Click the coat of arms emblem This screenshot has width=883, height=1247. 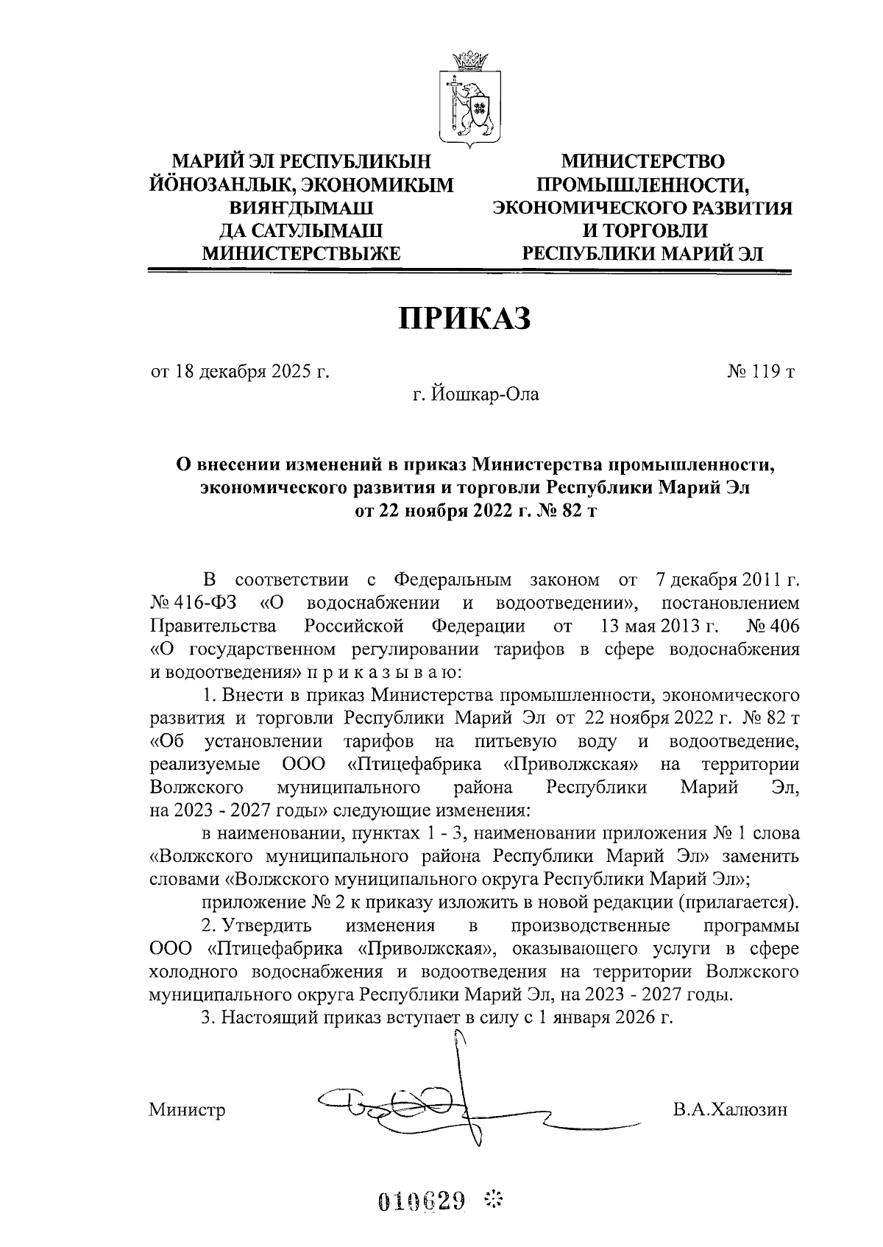pos(471,98)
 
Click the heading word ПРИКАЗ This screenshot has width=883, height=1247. pos(465,319)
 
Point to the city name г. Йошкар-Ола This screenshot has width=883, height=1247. pos(475,395)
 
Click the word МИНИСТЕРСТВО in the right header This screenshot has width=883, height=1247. pos(642,161)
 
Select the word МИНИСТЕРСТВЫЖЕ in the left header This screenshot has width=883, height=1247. pos(301,254)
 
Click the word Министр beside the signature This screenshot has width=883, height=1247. pos(187,1109)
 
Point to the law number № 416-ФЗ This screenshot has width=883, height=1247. pos(194,603)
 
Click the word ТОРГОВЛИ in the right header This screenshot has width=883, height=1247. pos(653,231)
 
